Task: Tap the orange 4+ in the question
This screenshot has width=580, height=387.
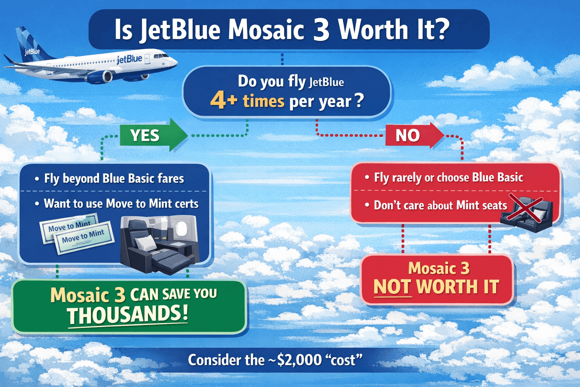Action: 224,101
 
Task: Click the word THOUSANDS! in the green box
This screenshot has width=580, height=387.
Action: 127,315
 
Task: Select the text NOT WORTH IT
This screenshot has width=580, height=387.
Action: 436,286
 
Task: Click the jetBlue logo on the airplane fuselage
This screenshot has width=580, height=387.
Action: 129,59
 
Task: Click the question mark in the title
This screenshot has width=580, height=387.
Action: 441,29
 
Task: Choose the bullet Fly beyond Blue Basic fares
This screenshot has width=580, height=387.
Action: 114,178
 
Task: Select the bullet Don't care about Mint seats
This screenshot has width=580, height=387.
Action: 440,205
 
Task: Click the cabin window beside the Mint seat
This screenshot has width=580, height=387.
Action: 182,228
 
